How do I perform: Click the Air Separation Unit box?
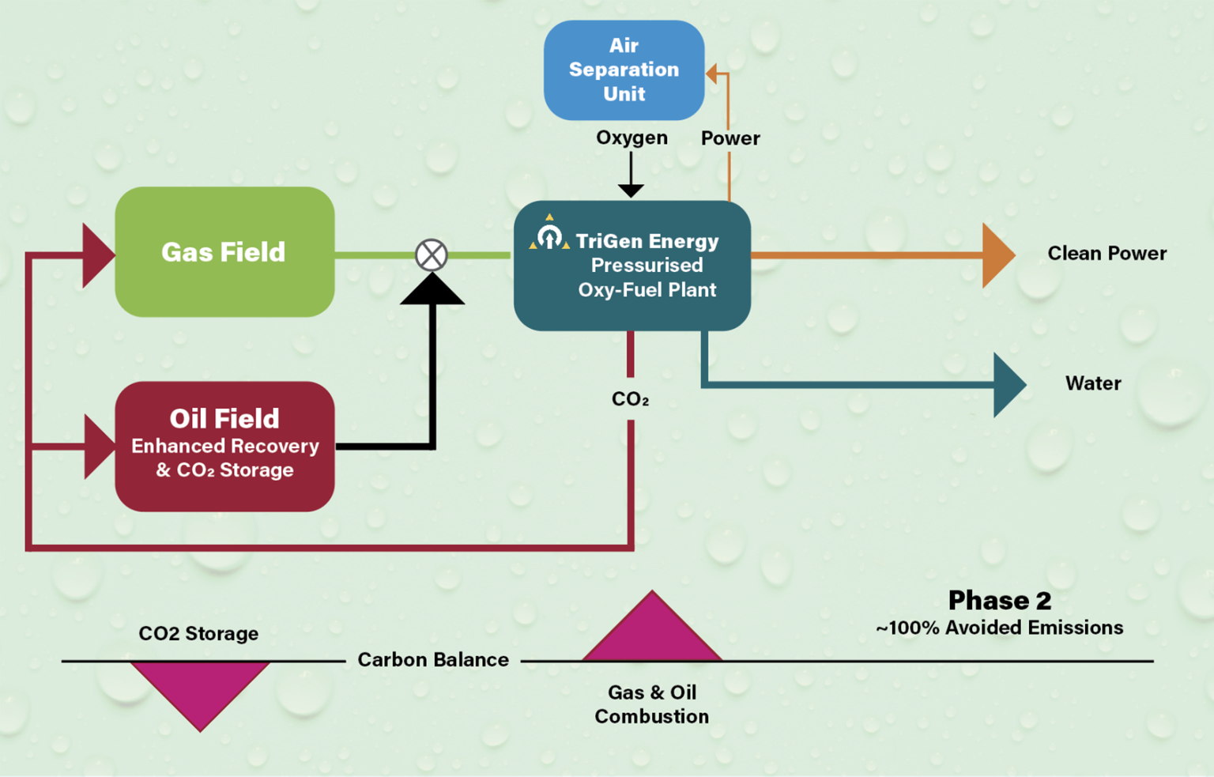click(x=624, y=70)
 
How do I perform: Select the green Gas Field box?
click(x=224, y=252)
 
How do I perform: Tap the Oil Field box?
click(x=224, y=446)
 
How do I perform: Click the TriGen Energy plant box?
click(x=632, y=266)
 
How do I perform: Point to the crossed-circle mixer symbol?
click(x=432, y=255)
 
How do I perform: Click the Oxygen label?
click(x=632, y=138)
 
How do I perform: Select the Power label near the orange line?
click(x=730, y=138)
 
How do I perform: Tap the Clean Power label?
click(x=1107, y=253)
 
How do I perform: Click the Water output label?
click(x=1093, y=383)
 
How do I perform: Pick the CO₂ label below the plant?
click(x=630, y=399)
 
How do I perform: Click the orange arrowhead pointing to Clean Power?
click(x=997, y=255)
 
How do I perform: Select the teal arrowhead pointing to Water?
click(x=1009, y=385)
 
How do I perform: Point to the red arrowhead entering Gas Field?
click(x=96, y=255)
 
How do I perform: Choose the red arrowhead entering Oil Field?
click(x=98, y=447)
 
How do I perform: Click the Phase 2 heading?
click(x=999, y=601)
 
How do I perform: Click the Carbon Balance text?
click(x=433, y=660)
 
